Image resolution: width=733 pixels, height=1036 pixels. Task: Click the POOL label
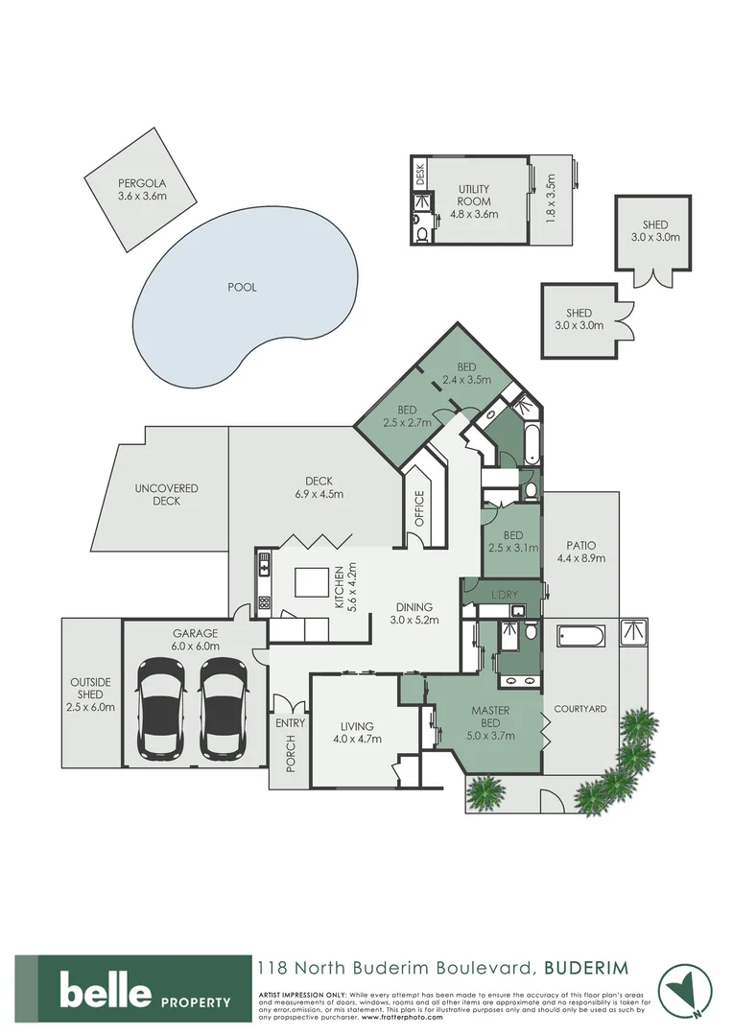243,287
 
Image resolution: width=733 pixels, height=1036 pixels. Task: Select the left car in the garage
161,707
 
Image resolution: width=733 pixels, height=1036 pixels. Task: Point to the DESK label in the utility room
419,175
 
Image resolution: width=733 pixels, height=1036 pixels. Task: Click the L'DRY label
505,595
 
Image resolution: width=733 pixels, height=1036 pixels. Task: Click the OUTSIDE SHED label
91,695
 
